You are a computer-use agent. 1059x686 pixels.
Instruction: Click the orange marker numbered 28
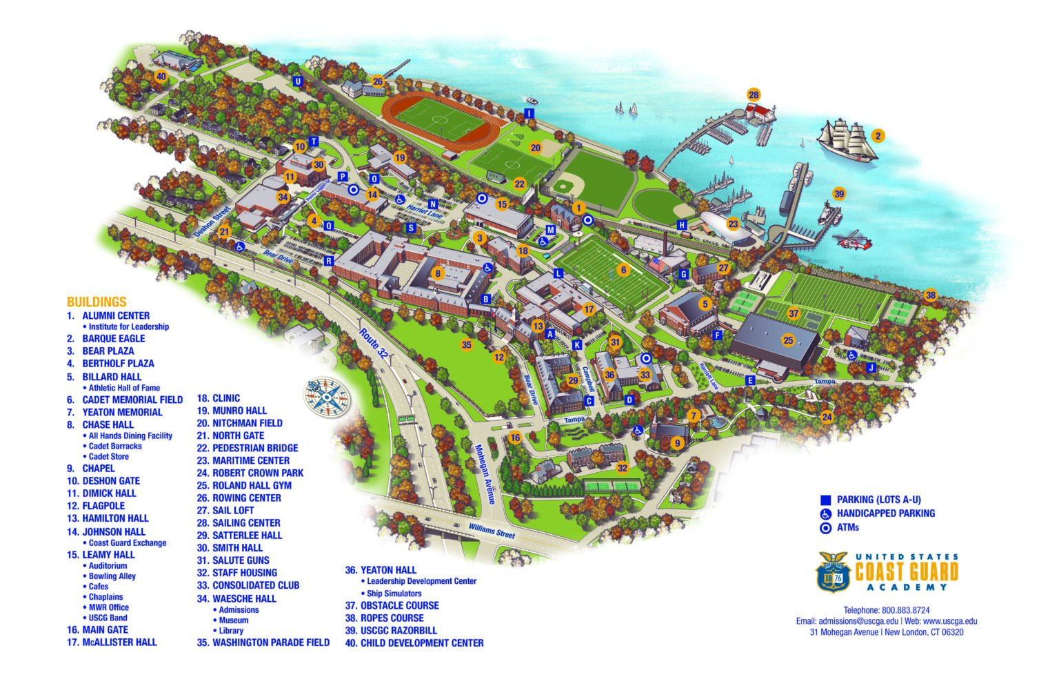(754, 95)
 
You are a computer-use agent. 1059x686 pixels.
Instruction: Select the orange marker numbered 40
(161, 76)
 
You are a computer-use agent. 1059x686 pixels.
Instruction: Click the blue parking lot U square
(298, 81)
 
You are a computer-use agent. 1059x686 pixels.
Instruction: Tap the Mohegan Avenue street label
(483, 474)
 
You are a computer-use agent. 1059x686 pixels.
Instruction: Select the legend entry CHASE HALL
(108, 424)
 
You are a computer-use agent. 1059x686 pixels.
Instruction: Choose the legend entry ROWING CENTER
(246, 498)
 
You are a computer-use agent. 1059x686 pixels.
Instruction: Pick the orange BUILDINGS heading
(97, 302)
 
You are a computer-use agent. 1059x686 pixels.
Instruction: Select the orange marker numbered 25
(788, 340)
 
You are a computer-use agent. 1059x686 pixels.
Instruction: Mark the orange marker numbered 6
(623, 270)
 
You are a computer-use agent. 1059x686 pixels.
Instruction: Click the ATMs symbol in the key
(825, 528)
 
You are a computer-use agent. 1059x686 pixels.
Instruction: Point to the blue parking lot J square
(871, 368)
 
